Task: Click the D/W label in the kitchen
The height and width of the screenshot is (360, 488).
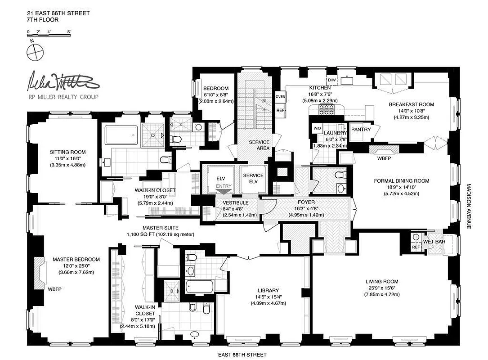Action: pos(332,80)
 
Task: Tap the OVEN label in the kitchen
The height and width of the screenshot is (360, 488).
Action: pos(280,97)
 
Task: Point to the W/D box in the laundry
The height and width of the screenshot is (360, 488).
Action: pos(317,128)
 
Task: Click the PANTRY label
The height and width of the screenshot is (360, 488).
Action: pos(361,130)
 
